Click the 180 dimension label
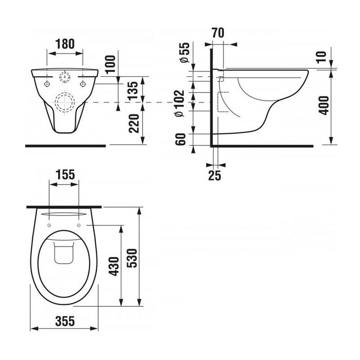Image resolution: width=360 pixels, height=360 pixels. [x=65, y=44]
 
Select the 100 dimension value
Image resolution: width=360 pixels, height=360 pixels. [x=111, y=64]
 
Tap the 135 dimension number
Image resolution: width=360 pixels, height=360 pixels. [x=134, y=90]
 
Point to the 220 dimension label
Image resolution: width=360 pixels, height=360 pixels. [x=134, y=123]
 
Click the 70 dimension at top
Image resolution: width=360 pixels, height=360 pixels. [x=218, y=33]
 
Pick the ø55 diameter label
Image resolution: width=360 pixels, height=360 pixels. [x=185, y=53]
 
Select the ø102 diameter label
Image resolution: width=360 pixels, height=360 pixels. [x=180, y=103]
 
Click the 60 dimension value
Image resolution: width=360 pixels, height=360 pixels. [x=180, y=139]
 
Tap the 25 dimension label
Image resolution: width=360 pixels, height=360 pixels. [x=215, y=175]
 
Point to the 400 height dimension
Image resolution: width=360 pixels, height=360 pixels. [x=324, y=106]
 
